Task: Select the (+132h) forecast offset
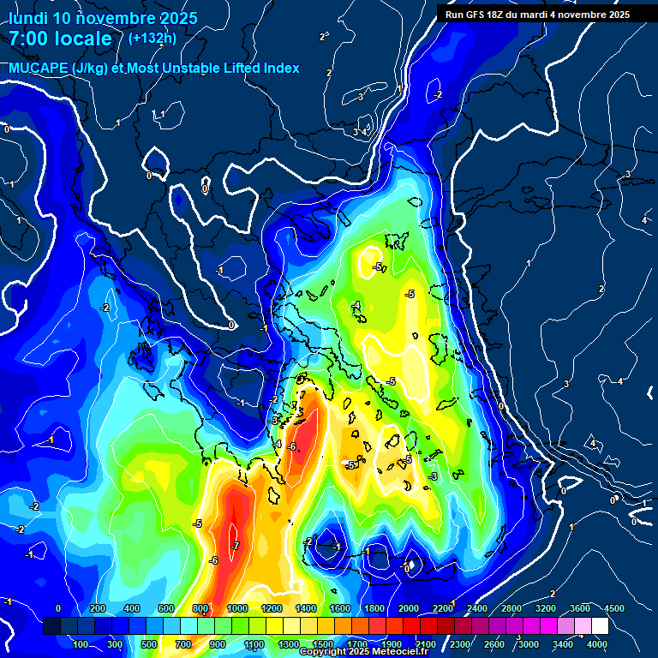coord(153,38)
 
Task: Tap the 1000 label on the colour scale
coord(237,608)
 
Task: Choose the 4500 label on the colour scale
coord(614,608)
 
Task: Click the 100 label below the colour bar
coord(82,644)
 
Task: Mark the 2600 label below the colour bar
coord(494,644)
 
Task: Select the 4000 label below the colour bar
coord(597,644)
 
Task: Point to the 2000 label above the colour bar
coord(409,608)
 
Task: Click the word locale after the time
coord(85,39)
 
